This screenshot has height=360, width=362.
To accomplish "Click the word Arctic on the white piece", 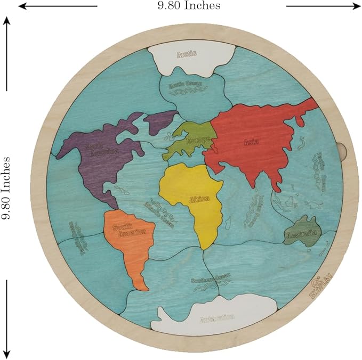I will (187, 53).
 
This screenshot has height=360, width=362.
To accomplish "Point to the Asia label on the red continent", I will (251, 142).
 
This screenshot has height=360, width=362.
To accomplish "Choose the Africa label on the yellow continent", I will (199, 199).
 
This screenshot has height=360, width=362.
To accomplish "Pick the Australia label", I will (301, 233).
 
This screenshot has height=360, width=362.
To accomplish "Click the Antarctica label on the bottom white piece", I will (216, 318).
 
